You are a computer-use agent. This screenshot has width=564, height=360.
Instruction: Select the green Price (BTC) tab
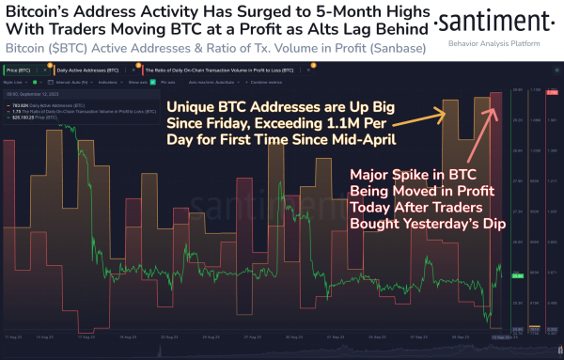23,70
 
